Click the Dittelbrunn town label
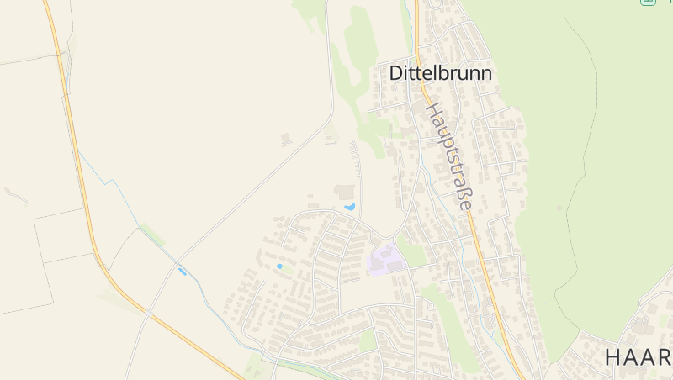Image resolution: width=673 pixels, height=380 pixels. (440, 73)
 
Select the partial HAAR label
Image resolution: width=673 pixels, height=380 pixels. (638, 356)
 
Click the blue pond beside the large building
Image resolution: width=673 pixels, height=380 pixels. (349, 206)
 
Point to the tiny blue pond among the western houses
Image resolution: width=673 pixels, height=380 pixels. (279, 267)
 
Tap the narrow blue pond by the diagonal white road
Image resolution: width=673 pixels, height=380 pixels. (182, 272)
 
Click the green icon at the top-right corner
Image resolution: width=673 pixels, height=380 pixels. (647, 2)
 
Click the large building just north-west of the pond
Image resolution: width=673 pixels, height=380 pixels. (345, 193)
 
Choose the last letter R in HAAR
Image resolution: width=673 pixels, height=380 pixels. (664, 356)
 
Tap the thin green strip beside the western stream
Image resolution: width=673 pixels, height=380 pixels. (152, 235)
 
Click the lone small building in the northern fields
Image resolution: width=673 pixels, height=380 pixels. (286, 139)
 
